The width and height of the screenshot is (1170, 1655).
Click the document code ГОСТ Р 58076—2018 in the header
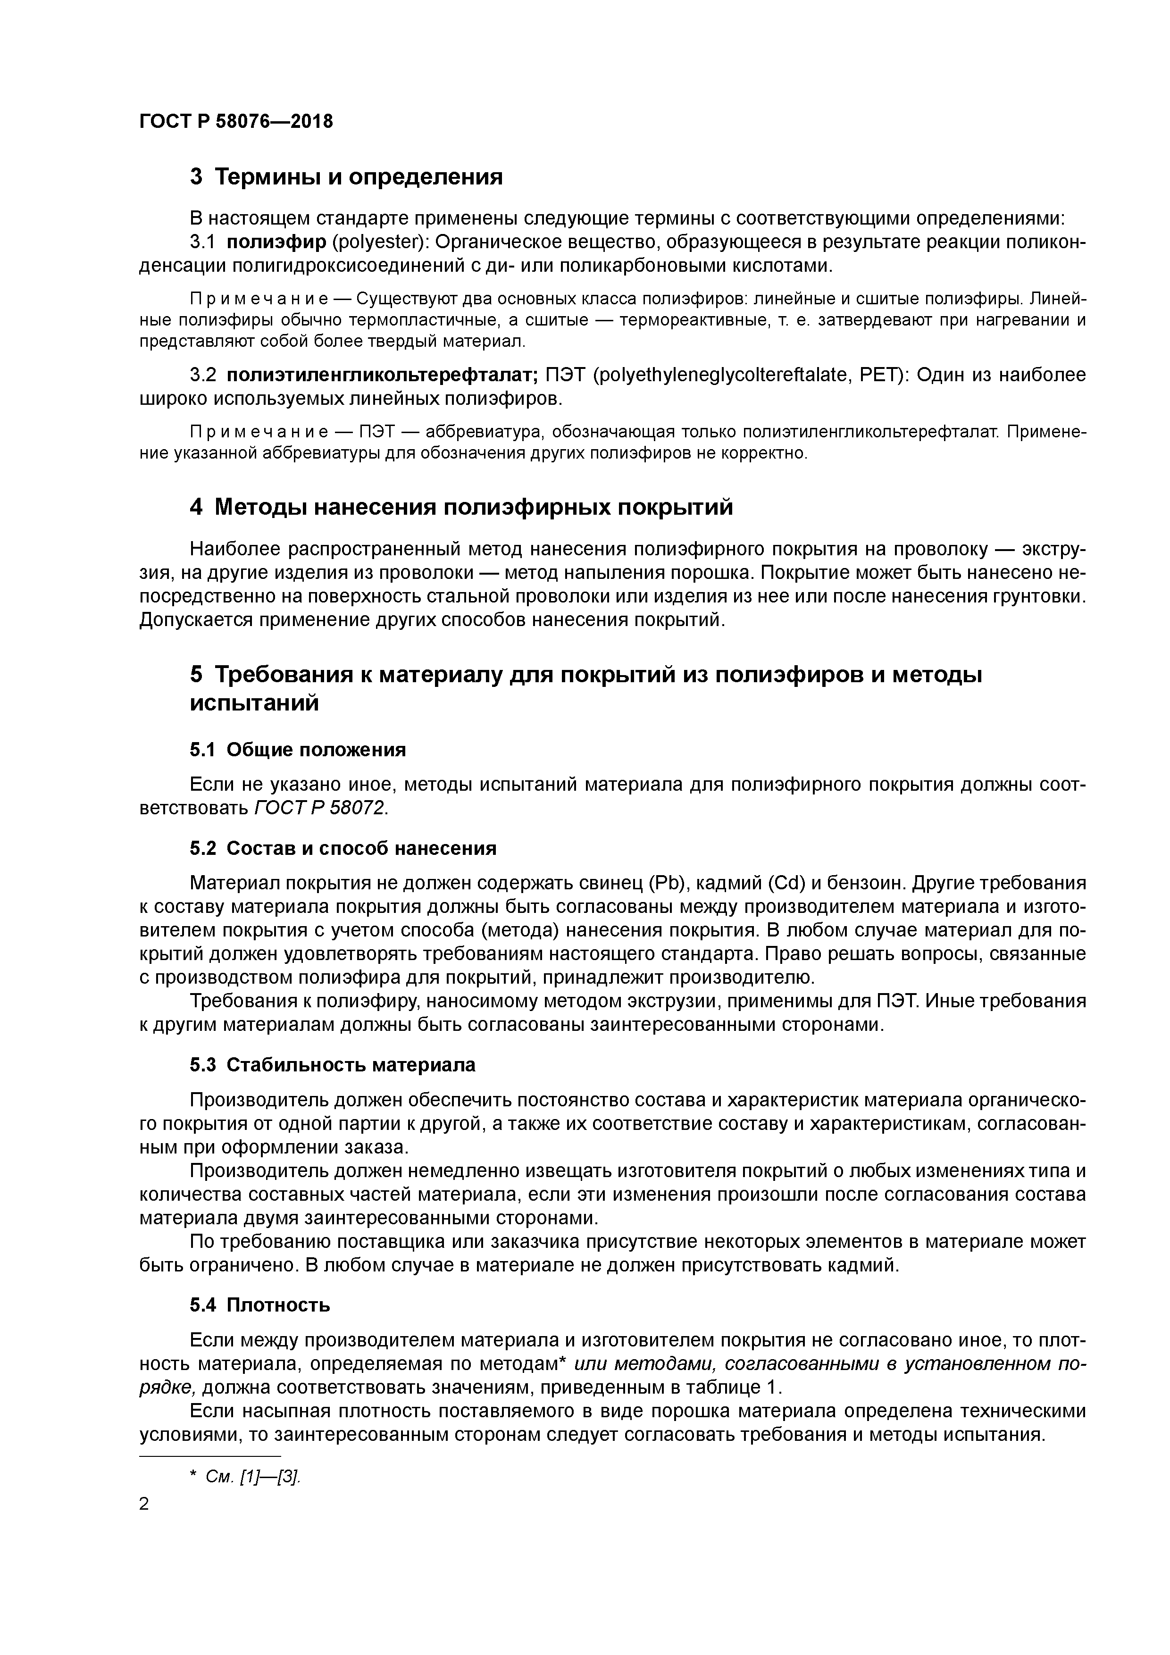[236, 121]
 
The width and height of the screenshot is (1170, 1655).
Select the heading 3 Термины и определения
[346, 176]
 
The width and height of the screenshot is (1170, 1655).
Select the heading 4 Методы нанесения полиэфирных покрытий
[461, 508]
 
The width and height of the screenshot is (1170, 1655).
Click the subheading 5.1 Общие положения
[298, 750]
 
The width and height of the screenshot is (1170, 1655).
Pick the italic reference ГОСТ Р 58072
[320, 808]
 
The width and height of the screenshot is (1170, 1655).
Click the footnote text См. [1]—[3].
[252, 1477]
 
